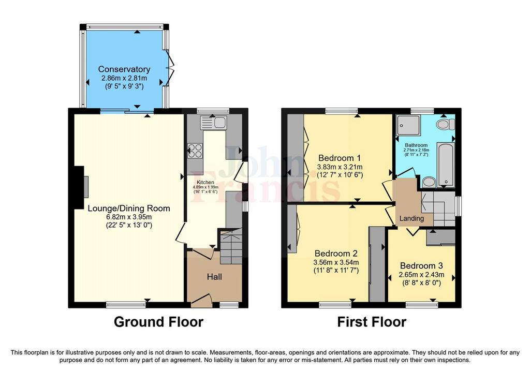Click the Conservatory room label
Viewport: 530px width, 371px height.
(124, 69)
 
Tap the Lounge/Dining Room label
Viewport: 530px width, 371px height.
(129, 208)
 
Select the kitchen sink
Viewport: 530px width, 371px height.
(213, 122)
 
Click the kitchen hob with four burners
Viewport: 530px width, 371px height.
(195, 151)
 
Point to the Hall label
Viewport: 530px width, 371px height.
(214, 277)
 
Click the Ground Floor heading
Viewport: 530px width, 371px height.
(158, 322)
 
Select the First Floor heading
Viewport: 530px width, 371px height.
(372, 322)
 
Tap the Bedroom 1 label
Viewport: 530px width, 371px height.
(340, 158)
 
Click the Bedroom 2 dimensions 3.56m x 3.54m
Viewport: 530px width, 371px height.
(336, 262)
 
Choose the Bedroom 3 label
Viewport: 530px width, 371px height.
(421, 266)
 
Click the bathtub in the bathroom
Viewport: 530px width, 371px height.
(446, 164)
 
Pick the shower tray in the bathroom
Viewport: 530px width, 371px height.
(409, 126)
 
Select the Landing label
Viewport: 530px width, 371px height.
(411, 218)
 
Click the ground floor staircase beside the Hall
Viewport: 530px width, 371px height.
(231, 246)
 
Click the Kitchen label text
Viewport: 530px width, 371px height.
(205, 183)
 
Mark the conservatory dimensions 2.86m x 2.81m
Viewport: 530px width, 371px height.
(124, 78)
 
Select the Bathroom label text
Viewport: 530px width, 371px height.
(417, 145)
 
